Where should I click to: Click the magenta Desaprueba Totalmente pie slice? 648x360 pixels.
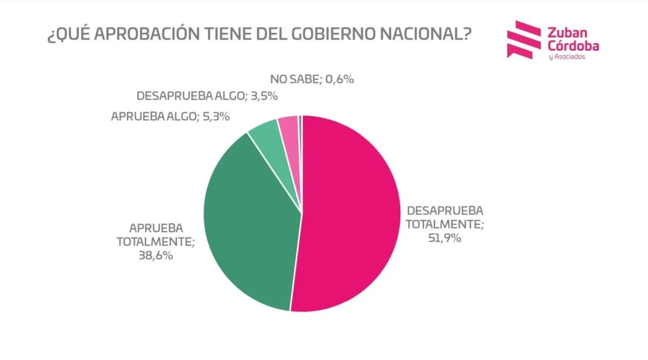[351, 216]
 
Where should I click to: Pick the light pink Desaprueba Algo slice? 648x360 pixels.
[289, 130]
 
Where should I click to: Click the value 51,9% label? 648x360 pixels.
[445, 237]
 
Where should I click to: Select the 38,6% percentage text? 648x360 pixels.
[156, 256]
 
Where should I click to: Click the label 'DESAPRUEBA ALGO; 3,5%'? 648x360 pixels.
[207, 97]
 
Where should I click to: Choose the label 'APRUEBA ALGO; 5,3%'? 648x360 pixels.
[170, 116]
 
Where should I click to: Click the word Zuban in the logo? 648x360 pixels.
[565, 32]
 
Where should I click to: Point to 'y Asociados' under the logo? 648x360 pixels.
[566, 57]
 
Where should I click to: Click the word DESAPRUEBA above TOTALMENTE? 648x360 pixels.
[445, 210]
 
